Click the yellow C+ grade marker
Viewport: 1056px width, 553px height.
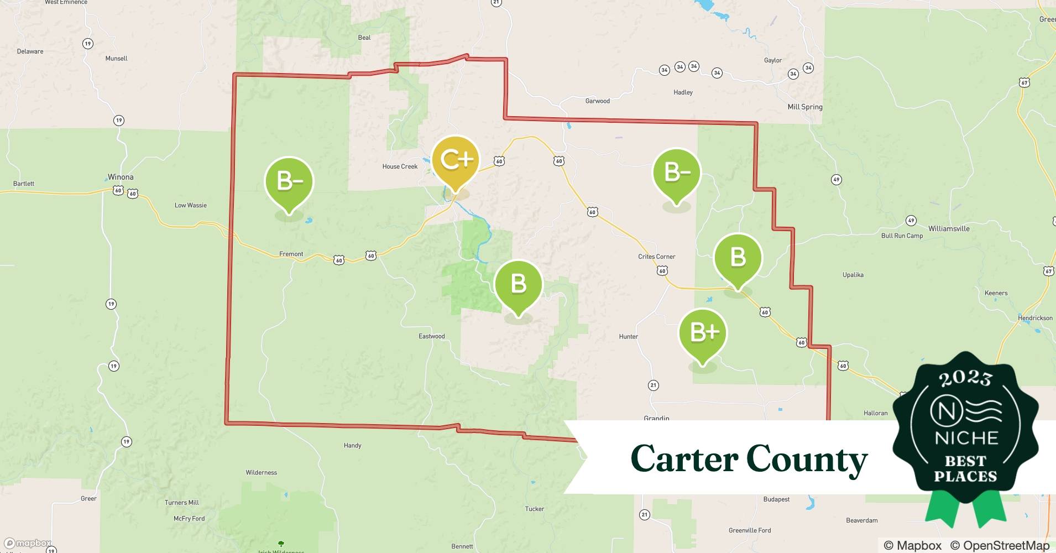click(455, 161)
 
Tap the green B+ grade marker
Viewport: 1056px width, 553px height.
click(703, 333)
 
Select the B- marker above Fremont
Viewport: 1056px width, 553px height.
click(289, 182)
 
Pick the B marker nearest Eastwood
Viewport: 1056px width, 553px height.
click(518, 284)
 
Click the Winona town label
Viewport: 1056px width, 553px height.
click(121, 177)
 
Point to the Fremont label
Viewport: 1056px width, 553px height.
click(291, 254)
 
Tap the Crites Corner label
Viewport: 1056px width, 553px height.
click(656, 257)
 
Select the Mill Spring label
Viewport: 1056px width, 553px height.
click(804, 107)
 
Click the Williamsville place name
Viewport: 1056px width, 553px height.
click(948, 228)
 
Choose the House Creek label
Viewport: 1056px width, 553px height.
click(400, 166)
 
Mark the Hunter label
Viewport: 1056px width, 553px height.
click(628, 337)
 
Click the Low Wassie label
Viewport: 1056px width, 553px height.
click(190, 205)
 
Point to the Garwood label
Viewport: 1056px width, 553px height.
click(597, 101)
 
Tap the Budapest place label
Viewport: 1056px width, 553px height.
click(776, 499)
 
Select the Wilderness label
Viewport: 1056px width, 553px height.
click(261, 473)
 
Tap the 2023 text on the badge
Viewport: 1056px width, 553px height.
click(965, 378)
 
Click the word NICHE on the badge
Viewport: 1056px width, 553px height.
click(966, 438)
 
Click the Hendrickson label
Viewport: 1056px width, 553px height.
click(1035, 318)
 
